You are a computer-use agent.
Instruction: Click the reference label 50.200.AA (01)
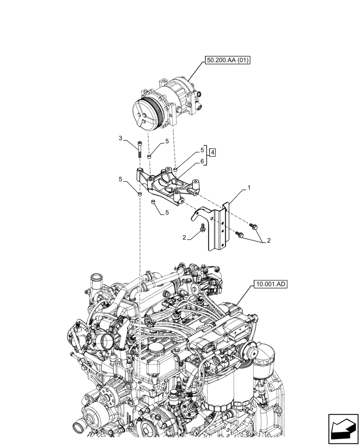(x=227, y=61)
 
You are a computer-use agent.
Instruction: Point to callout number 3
(x=120, y=139)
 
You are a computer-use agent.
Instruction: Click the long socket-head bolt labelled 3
(x=140, y=149)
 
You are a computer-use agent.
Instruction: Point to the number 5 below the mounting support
(x=167, y=213)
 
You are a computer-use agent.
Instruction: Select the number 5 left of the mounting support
(x=120, y=179)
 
